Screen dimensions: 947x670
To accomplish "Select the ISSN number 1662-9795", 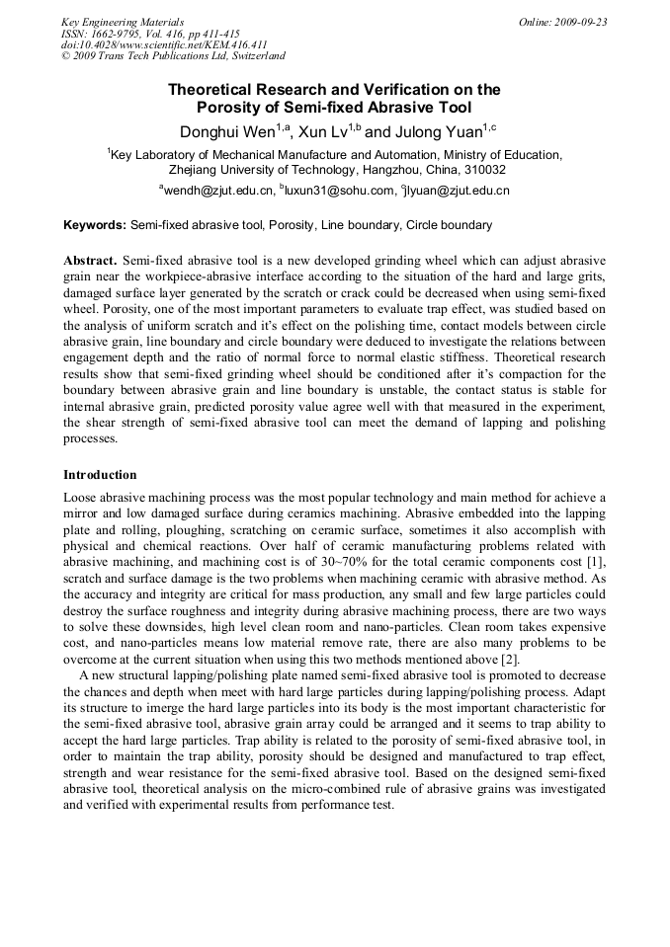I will [x=126, y=34].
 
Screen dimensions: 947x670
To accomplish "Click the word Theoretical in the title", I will [x=218, y=90].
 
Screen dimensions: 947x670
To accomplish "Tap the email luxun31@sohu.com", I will [x=340, y=191].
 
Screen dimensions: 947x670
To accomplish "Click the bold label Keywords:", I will [x=94, y=225].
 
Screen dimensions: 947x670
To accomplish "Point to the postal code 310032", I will [x=480, y=170].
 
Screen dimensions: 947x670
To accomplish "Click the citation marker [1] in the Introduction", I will [x=597, y=558].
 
